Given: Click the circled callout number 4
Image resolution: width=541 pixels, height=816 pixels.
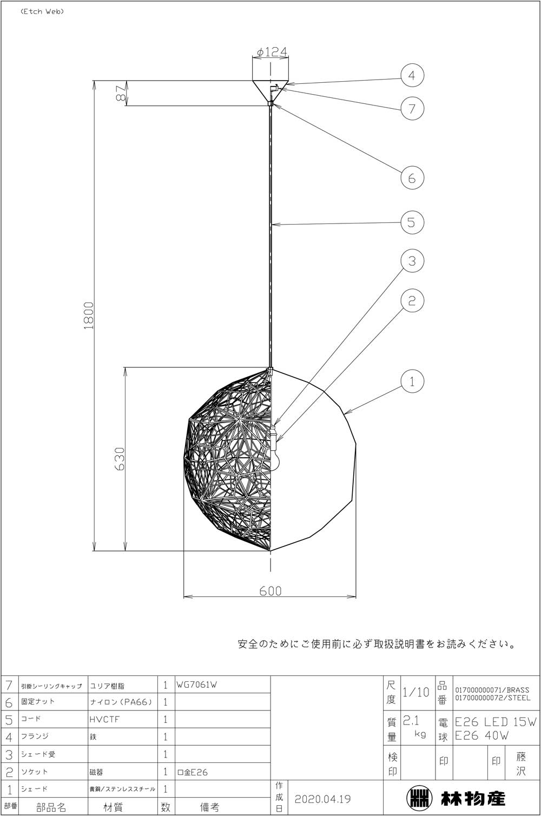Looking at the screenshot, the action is [x=412, y=75].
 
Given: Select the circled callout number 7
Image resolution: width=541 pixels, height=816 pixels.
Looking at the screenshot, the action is [x=412, y=108].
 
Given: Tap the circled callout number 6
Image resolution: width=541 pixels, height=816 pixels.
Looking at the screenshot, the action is [x=412, y=178].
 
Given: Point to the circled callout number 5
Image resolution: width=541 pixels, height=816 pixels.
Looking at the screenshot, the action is [x=412, y=222].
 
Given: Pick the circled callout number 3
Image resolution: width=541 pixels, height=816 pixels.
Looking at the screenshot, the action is [x=412, y=261].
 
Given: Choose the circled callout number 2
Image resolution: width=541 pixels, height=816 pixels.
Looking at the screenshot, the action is [x=412, y=300].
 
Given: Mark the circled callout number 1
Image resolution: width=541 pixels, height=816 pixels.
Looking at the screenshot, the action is [x=412, y=381].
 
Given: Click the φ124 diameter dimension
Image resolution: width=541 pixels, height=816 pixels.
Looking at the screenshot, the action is [x=272, y=52].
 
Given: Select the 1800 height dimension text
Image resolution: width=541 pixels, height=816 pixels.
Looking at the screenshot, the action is [x=89, y=315].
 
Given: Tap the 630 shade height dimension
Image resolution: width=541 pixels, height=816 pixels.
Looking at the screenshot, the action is [x=120, y=459].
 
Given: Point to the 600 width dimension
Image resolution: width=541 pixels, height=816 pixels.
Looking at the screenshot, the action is [x=270, y=591].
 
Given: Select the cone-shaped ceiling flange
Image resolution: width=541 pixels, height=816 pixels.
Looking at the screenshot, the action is [x=270, y=91].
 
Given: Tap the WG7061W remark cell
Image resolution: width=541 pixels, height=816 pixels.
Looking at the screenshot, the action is [x=197, y=685].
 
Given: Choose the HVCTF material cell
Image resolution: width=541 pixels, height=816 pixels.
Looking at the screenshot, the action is [x=104, y=720].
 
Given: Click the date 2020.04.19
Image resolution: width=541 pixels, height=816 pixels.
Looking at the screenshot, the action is [x=322, y=799].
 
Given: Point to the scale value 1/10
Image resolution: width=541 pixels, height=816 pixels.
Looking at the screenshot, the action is [x=415, y=692].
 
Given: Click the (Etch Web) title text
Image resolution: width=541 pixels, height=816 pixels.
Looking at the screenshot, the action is [x=42, y=12].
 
